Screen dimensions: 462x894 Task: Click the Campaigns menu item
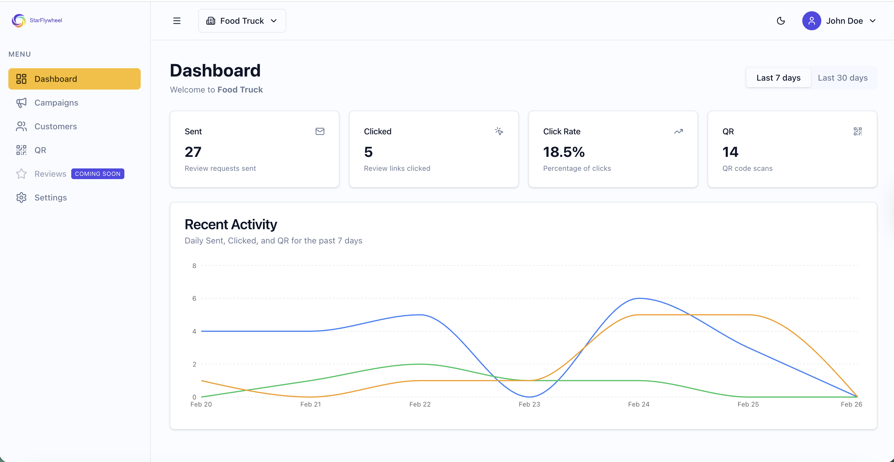pyautogui.click(x=56, y=103)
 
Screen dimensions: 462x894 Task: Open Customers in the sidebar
pyautogui.click(x=56, y=126)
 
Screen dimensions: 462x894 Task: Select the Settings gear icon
pyautogui.click(x=21, y=197)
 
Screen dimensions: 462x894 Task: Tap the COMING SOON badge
pyautogui.click(x=98, y=174)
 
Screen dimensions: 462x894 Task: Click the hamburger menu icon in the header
pyautogui.click(x=177, y=21)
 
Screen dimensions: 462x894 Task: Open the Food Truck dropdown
pyautogui.click(x=242, y=21)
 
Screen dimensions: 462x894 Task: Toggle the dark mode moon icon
pyautogui.click(x=781, y=21)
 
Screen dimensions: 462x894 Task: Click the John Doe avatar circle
pyautogui.click(x=811, y=21)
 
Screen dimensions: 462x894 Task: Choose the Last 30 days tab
pyautogui.click(x=842, y=78)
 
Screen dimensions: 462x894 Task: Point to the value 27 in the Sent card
pyautogui.click(x=193, y=152)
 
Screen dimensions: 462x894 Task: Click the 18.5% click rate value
pyautogui.click(x=564, y=152)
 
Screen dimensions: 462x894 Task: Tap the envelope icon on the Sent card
pyautogui.click(x=320, y=131)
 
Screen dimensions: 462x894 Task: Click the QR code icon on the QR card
pyautogui.click(x=857, y=131)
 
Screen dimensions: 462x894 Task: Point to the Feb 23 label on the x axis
pyautogui.click(x=529, y=404)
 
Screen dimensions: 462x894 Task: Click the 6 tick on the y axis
pyautogui.click(x=194, y=298)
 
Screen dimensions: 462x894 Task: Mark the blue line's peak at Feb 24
pyautogui.click(x=639, y=298)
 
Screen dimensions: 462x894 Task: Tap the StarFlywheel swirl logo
pyautogui.click(x=19, y=20)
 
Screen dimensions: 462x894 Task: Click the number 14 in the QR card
pyautogui.click(x=730, y=152)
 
